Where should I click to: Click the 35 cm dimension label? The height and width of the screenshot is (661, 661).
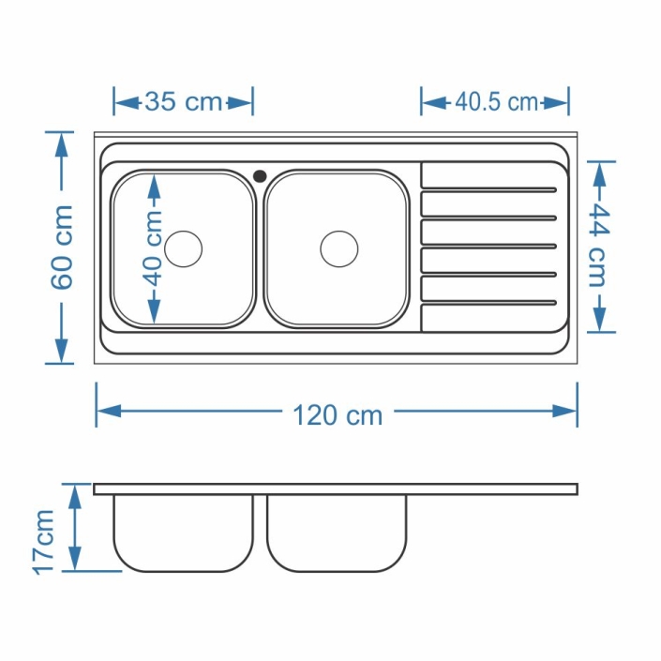tap(184, 102)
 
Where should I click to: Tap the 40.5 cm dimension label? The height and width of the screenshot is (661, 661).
tap(496, 102)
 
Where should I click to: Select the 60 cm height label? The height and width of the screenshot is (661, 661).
tap(63, 248)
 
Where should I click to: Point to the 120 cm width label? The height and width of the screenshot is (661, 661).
tap(338, 415)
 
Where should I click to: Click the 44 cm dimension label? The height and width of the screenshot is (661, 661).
tap(598, 246)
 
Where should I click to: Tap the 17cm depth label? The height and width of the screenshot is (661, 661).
tap(44, 542)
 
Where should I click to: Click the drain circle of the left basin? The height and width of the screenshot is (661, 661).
tap(184, 248)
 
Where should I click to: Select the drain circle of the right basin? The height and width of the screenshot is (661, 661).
tap(339, 248)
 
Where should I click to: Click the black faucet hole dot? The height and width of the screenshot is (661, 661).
tap(260, 175)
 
